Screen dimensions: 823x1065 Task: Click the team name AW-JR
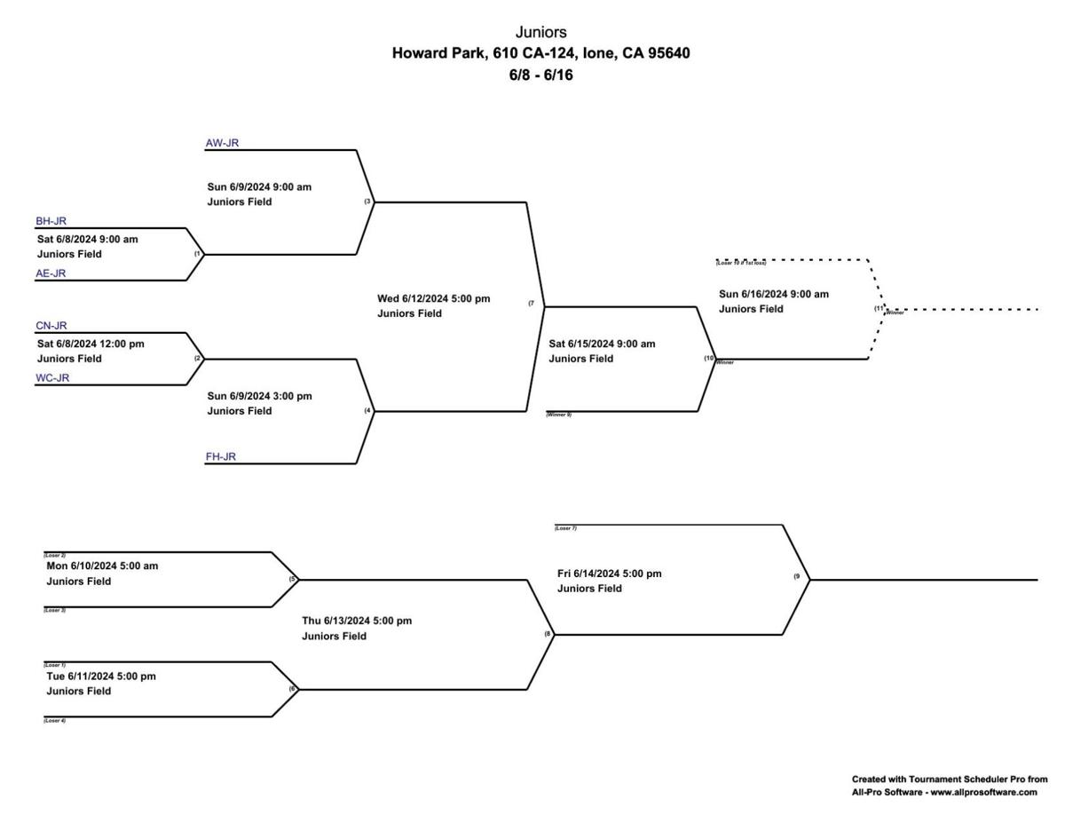(x=222, y=142)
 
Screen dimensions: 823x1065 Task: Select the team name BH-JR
(x=51, y=221)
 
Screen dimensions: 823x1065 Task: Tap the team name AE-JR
(x=51, y=273)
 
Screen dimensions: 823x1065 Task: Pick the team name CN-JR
(x=51, y=326)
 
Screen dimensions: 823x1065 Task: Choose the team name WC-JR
(x=52, y=378)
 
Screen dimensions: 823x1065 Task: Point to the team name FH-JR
(x=221, y=457)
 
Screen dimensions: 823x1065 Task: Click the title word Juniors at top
(x=540, y=33)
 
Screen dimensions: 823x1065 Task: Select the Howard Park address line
(x=540, y=53)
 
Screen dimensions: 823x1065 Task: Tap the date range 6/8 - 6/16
(x=540, y=75)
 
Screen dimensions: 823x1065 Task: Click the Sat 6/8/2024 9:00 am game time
(x=87, y=239)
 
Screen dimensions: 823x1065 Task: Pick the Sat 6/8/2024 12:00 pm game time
(x=90, y=344)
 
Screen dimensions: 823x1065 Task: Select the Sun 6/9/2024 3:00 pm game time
(x=259, y=396)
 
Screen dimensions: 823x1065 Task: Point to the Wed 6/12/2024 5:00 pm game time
(x=433, y=298)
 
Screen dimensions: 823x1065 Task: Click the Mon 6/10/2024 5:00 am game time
(x=102, y=566)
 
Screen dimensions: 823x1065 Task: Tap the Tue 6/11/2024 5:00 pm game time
(x=101, y=676)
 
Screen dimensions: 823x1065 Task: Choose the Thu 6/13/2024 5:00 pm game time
(x=357, y=621)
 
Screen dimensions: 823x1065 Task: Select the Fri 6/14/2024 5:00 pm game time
(x=609, y=574)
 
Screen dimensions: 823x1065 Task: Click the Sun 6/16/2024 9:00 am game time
(x=773, y=294)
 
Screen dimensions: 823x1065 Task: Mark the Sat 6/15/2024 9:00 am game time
(x=602, y=344)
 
